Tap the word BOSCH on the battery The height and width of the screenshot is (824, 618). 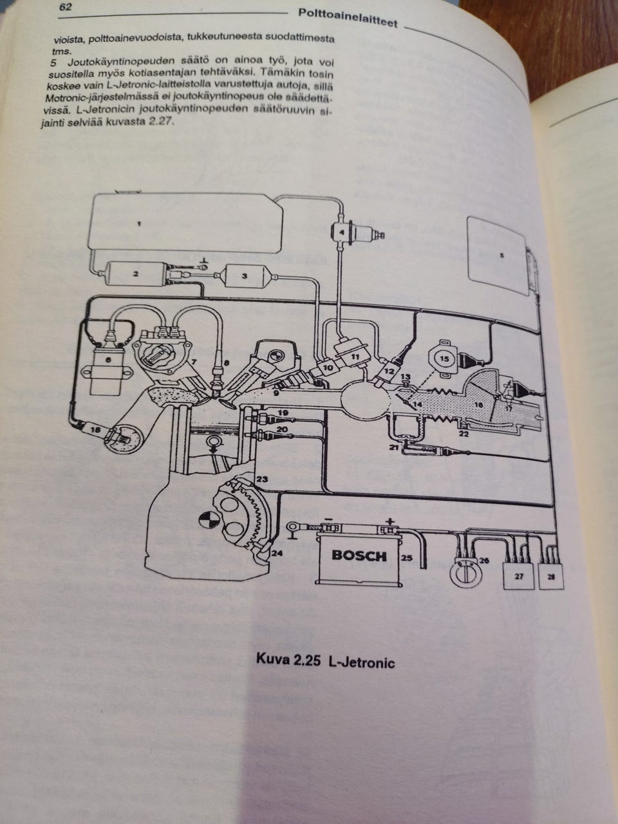(359, 555)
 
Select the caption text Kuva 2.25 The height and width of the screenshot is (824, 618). (288, 660)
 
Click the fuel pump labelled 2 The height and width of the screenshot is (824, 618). (136, 274)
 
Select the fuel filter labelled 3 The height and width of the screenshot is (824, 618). (245, 276)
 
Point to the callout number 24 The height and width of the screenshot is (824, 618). (276, 552)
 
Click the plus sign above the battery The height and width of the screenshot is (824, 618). (388, 523)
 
